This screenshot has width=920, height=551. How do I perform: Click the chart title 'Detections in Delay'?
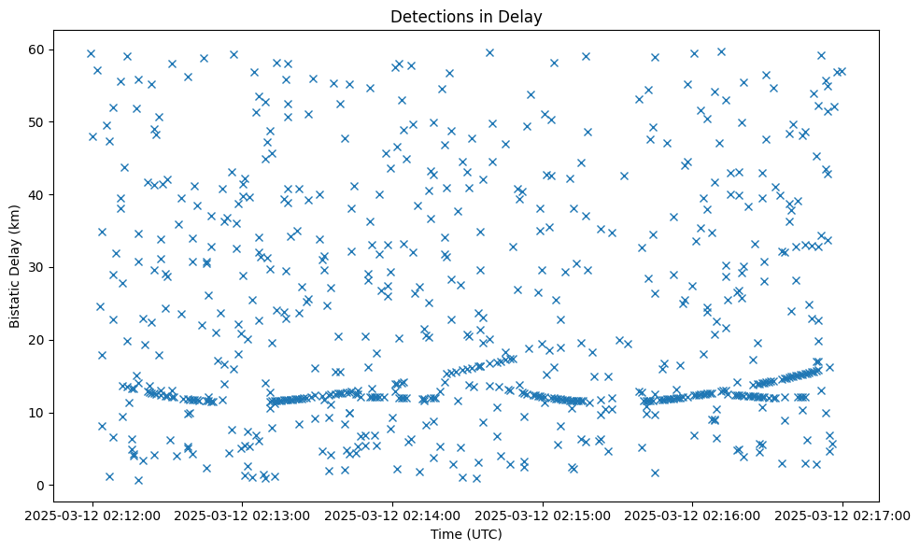click(466, 17)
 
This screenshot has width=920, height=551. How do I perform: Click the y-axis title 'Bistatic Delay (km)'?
click(16, 266)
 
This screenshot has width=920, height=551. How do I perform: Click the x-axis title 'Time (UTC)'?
click(466, 534)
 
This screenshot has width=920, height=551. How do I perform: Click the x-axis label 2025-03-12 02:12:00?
click(92, 516)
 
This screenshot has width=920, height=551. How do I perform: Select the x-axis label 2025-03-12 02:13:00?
click(242, 516)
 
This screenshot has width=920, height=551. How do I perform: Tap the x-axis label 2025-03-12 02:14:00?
click(392, 516)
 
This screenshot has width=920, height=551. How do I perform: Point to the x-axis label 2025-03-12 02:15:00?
click(542, 516)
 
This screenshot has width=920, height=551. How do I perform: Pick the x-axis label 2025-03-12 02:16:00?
click(692, 516)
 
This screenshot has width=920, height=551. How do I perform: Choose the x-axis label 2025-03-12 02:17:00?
click(842, 516)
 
